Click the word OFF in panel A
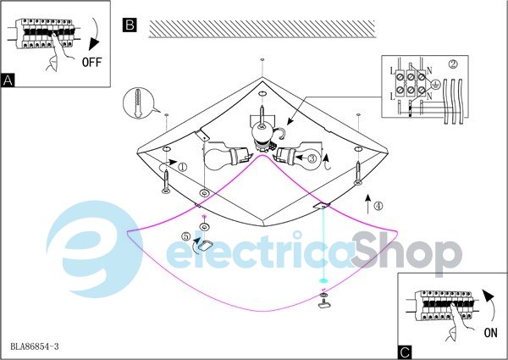click(x=92, y=62)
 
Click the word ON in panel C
click(x=490, y=332)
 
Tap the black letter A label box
click(x=8, y=80)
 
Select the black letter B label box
click(x=130, y=25)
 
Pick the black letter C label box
click(x=405, y=352)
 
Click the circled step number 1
click(x=182, y=167)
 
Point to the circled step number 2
click(x=453, y=64)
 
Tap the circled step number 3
click(x=312, y=158)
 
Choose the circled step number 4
click(x=378, y=206)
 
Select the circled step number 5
click(x=185, y=236)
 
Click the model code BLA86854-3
click(x=35, y=346)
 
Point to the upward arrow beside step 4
click(x=367, y=204)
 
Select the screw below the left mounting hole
click(x=166, y=181)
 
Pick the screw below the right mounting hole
click(x=358, y=173)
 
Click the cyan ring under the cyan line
click(x=323, y=280)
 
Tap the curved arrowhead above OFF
click(x=94, y=44)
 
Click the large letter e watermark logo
click(x=95, y=249)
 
